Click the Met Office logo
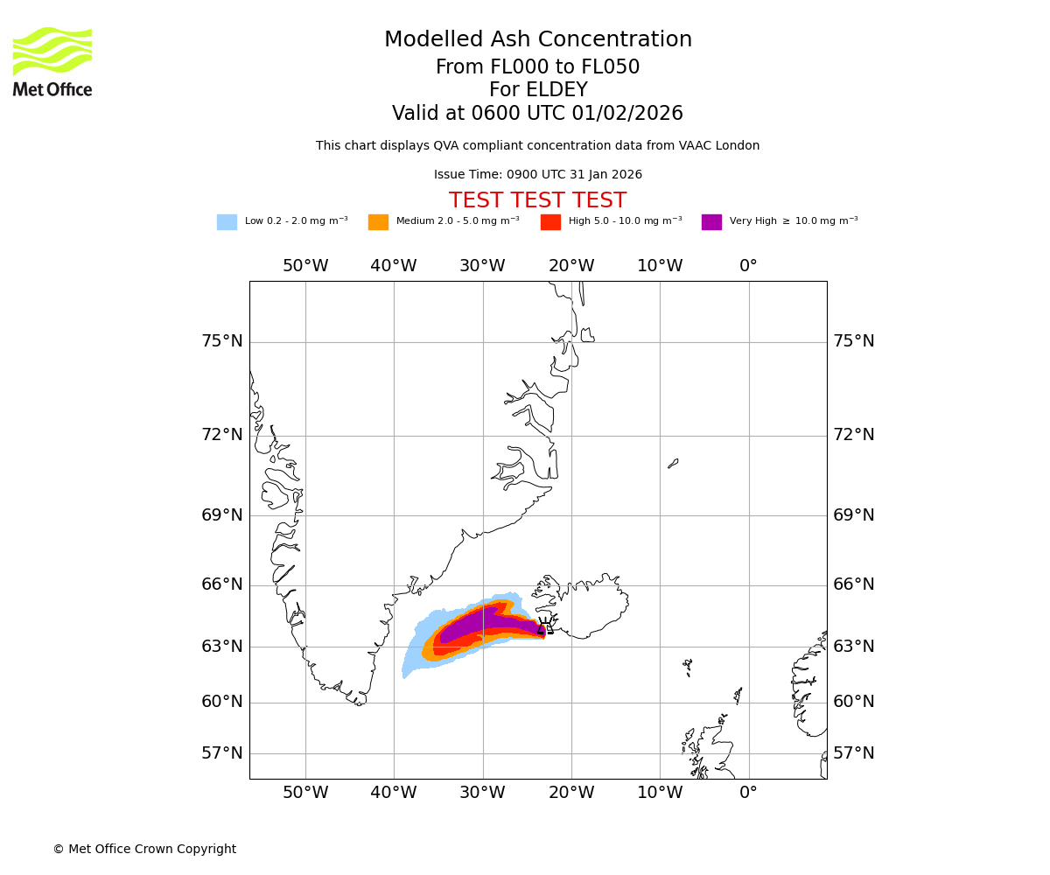pos(52,61)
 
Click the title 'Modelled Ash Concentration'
pos(538,40)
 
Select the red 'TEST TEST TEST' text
pos(538,201)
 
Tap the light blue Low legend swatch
pos(227,222)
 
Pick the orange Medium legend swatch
pos(378,222)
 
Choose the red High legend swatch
pos(550,222)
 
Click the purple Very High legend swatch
pos(711,222)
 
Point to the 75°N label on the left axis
pos(222,341)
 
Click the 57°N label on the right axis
pos(853,753)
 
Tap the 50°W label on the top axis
pos(305,266)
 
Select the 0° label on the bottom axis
pos(748,793)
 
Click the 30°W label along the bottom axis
pos(482,793)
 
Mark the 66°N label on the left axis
pos(222,584)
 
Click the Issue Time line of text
pos(538,175)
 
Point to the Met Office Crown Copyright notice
pos(144,850)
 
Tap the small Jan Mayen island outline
pos(673,463)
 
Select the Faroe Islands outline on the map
pos(688,667)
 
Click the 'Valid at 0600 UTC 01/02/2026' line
pos(538,114)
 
